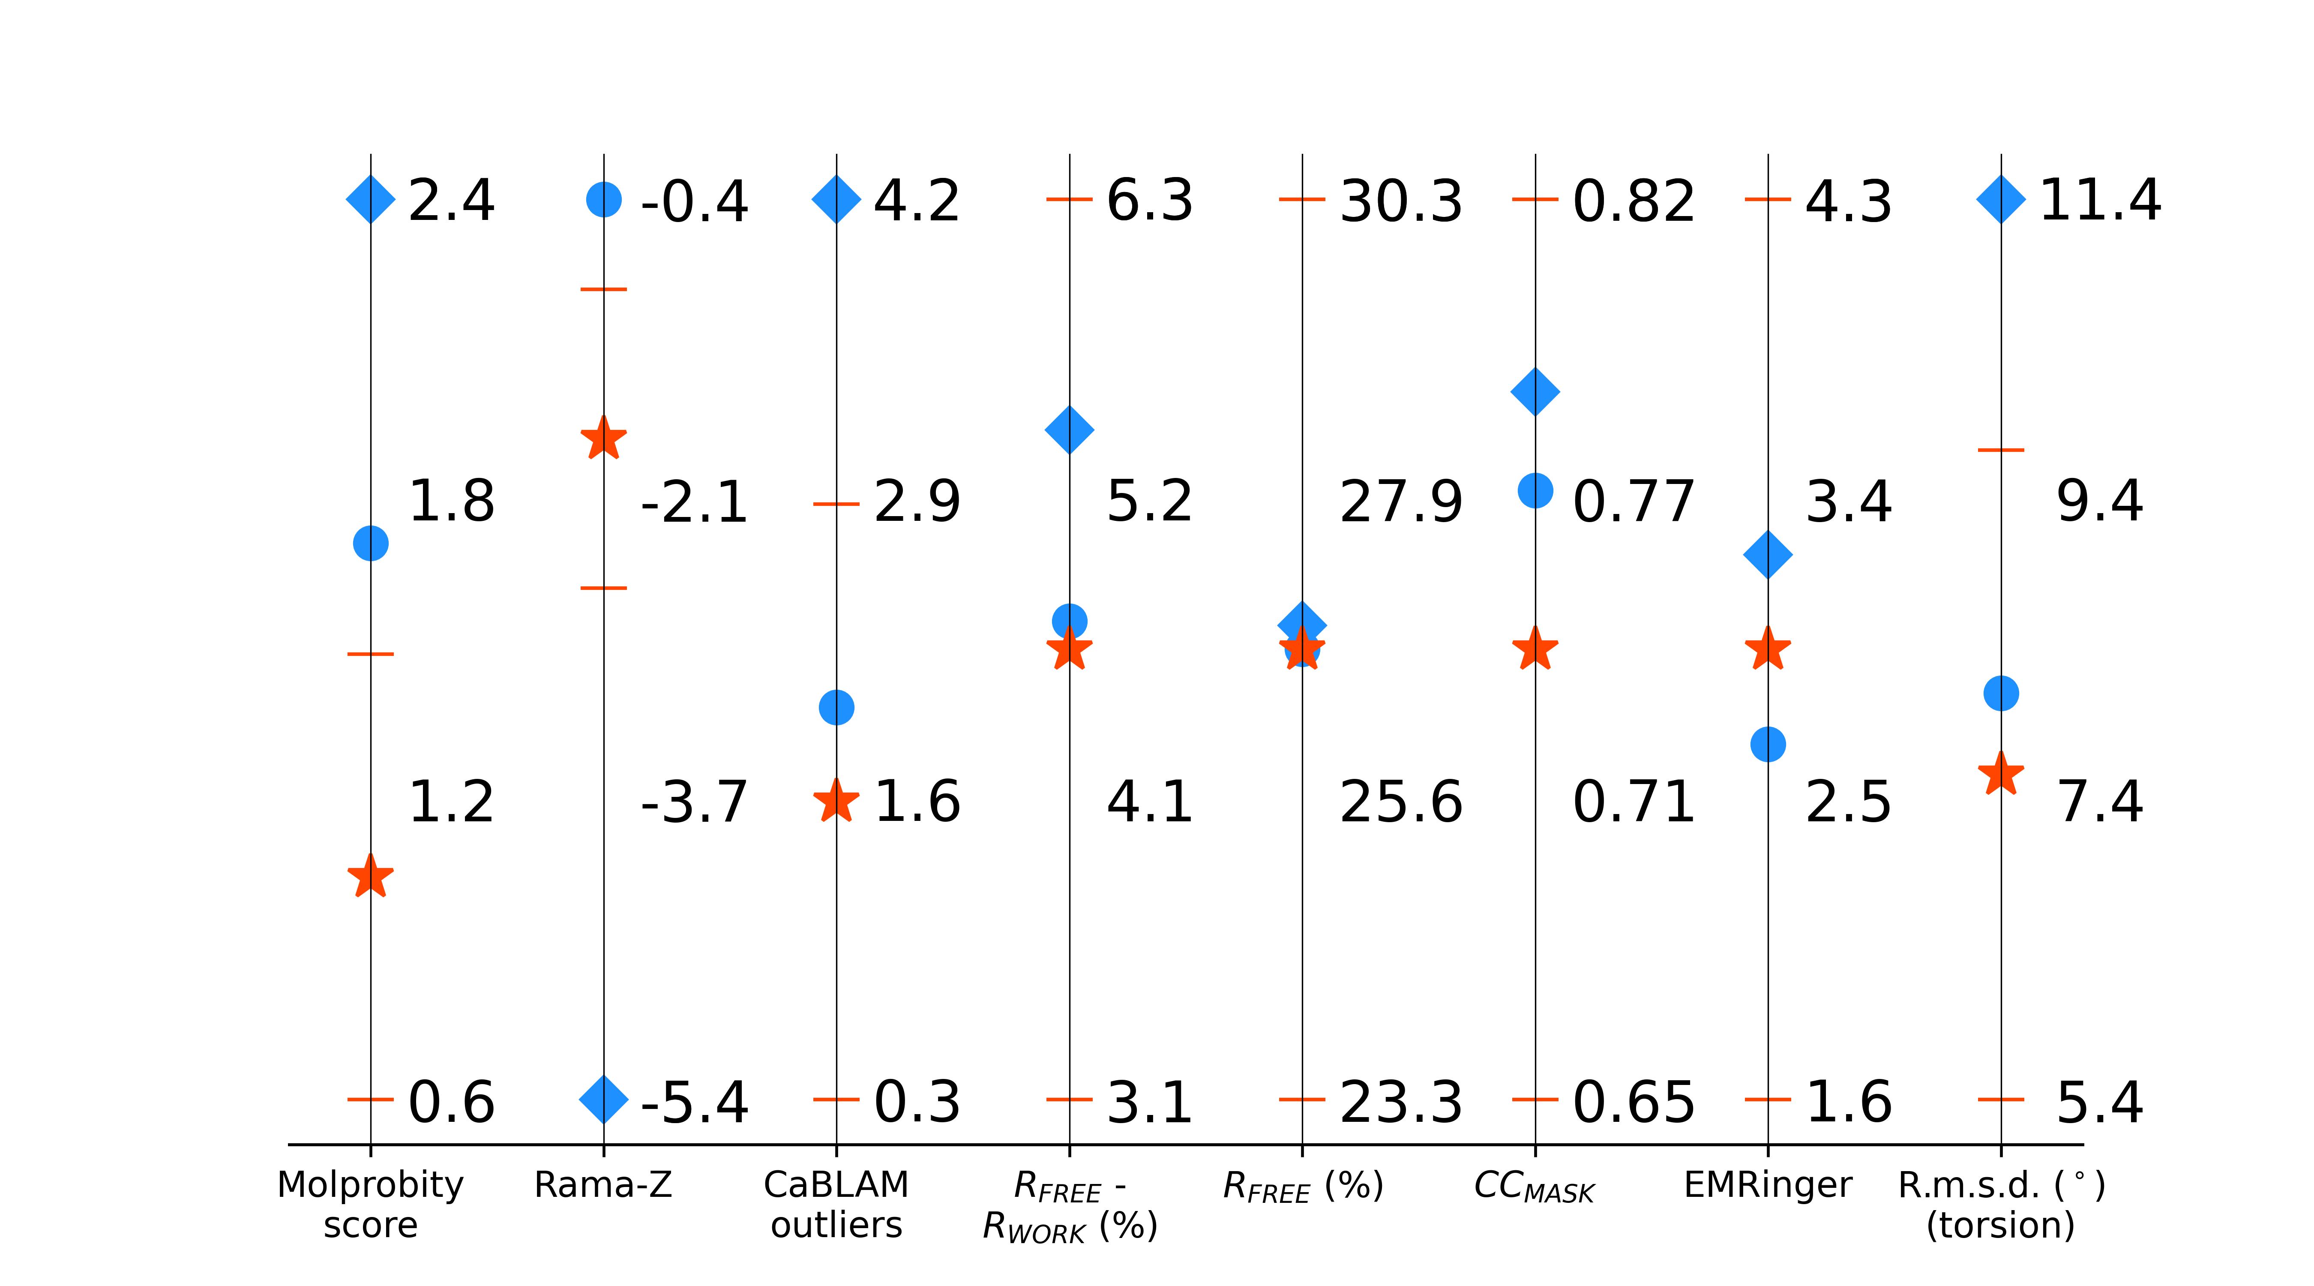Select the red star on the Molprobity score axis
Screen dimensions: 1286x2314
(x=370, y=877)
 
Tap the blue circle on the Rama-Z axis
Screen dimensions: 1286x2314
(x=604, y=198)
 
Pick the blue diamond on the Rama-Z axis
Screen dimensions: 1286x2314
(x=604, y=1098)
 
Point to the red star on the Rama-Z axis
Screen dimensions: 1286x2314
(x=604, y=439)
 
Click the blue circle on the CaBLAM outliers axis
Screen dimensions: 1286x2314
(x=836, y=707)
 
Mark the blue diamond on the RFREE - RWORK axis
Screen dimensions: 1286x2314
(x=1069, y=430)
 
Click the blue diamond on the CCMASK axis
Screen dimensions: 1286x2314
(x=1535, y=391)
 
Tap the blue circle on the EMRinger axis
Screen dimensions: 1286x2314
(x=1768, y=744)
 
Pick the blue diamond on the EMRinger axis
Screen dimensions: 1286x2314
(x=1768, y=555)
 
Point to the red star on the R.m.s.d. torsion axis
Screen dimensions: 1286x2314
(x=2000, y=774)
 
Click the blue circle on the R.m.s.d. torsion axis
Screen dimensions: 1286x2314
(x=2000, y=693)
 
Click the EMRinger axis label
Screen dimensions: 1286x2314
(x=1768, y=1184)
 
